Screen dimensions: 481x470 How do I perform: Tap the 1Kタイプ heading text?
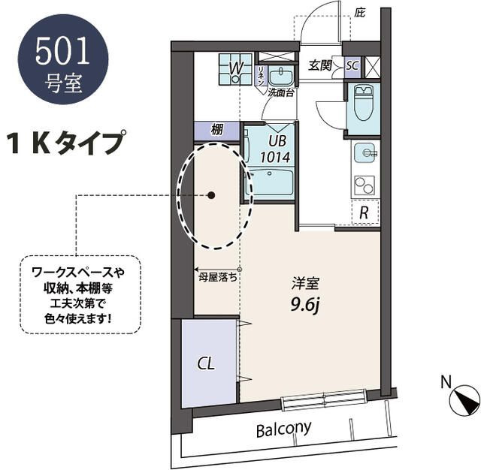coord(66,142)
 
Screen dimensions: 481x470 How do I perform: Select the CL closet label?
coord(206,363)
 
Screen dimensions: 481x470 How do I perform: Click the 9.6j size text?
coord(306,305)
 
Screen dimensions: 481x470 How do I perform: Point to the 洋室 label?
coord(306,284)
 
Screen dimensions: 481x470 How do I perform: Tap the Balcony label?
coord(284,429)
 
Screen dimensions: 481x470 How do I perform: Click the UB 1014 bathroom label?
coord(275,149)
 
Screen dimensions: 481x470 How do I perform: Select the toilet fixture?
coord(362,103)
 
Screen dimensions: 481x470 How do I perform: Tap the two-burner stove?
coord(365,185)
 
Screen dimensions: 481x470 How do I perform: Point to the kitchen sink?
coord(365,153)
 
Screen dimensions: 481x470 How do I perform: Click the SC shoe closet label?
coord(352,65)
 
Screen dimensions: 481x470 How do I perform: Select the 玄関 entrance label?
coord(320,65)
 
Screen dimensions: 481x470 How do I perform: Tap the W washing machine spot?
coord(235,70)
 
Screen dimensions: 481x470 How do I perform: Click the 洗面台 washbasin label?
coord(280,93)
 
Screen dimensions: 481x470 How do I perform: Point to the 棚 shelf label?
coord(217,130)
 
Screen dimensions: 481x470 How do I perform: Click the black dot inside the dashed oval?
coord(211,195)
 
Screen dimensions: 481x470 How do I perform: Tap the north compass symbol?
coord(464,400)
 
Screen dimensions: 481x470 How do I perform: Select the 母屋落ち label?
coord(217,277)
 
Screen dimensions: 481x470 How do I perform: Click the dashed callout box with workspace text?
coord(80,295)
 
